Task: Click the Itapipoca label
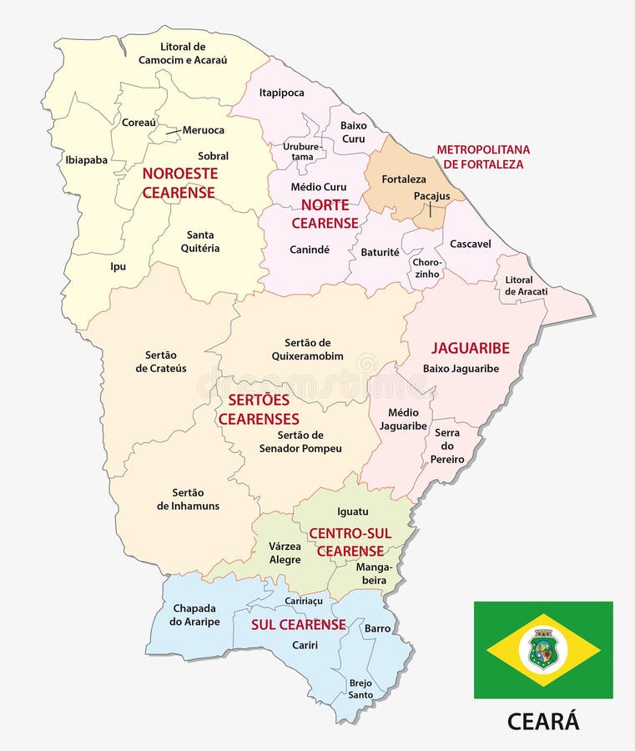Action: click(281, 93)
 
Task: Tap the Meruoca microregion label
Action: click(204, 129)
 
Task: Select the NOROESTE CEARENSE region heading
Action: click(179, 183)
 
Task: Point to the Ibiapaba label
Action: click(86, 159)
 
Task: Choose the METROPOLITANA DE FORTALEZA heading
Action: click(483, 157)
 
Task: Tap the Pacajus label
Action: click(431, 196)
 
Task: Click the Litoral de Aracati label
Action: click(526, 285)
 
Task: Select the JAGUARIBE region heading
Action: click(470, 348)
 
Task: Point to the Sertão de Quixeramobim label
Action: click(308, 349)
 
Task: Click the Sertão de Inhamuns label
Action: click(188, 499)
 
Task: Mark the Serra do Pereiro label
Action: click(447, 446)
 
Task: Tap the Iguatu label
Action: click(352, 512)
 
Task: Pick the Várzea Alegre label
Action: click(285, 552)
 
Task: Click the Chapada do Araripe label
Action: click(194, 614)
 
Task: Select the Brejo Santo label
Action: click(360, 688)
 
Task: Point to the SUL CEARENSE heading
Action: click(299, 624)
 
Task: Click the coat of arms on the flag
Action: click(543, 649)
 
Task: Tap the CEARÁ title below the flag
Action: click(543, 721)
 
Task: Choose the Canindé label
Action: click(310, 249)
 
